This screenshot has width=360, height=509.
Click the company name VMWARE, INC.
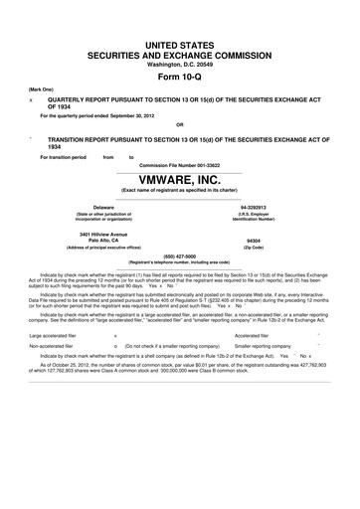(x=179, y=181)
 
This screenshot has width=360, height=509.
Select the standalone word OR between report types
(x=179, y=124)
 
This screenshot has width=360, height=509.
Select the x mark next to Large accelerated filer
(x=116, y=336)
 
